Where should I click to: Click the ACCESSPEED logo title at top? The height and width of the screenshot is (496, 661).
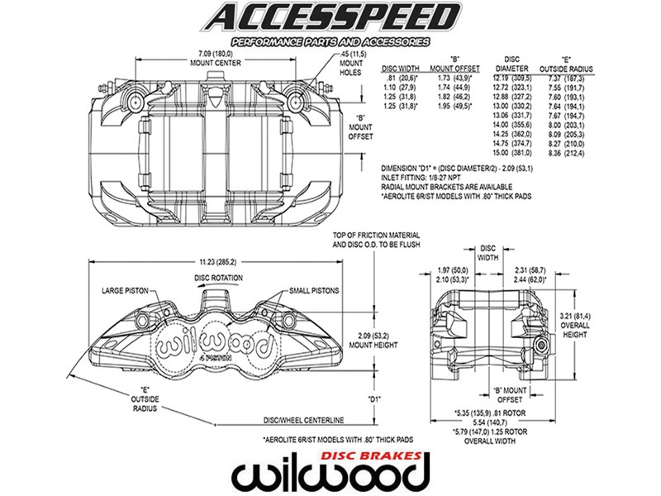pos(330,17)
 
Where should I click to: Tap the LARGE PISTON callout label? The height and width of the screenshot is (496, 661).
pos(125,291)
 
